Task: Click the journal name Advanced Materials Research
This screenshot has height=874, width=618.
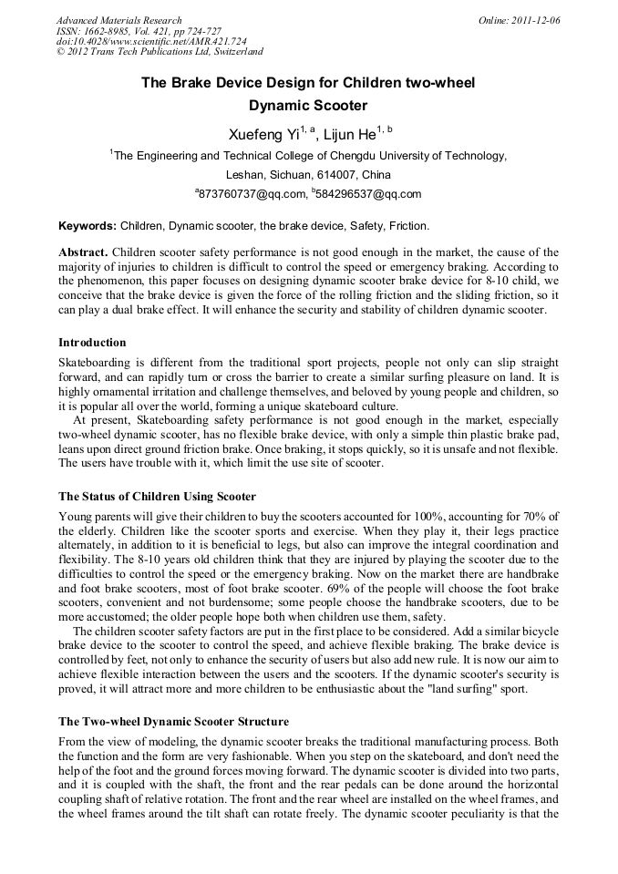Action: pyautogui.click(x=118, y=20)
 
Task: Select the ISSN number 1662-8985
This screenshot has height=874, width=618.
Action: pyautogui.click(x=115, y=31)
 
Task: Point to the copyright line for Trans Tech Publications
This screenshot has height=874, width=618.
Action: pyautogui.click(x=160, y=53)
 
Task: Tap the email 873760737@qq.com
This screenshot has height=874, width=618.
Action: pyautogui.click(x=252, y=194)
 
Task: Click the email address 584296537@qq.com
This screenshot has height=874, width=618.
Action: pyautogui.click(x=368, y=194)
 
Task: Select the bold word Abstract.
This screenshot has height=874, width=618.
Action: pyautogui.click(x=84, y=252)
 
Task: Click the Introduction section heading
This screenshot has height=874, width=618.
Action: pyautogui.click(x=92, y=343)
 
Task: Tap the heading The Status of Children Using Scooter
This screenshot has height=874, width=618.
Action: pyautogui.click(x=157, y=497)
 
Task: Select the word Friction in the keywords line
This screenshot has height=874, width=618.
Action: pyautogui.click(x=408, y=226)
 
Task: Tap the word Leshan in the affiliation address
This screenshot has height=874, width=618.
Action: pyautogui.click(x=246, y=174)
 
